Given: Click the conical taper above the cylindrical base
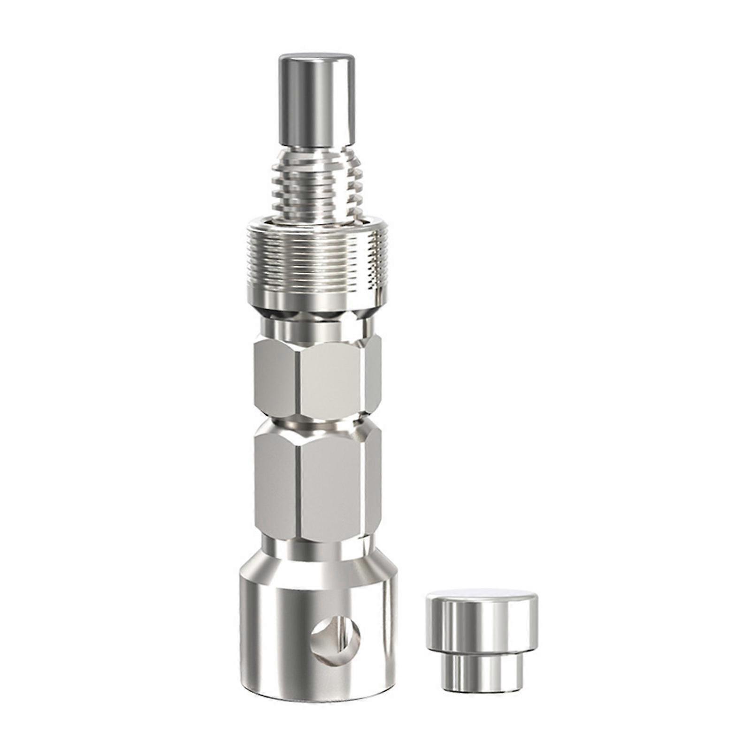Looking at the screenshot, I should click(x=319, y=570).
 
